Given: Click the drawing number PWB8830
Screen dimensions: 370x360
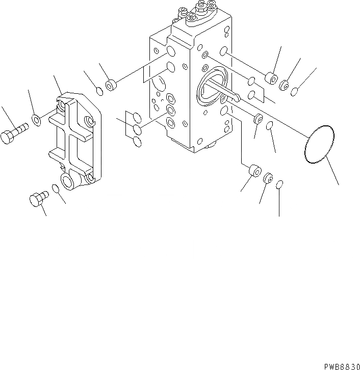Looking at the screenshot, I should [341, 366].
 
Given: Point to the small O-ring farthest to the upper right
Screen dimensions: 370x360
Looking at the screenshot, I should [295, 91].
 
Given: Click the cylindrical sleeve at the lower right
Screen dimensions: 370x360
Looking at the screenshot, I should [253, 172].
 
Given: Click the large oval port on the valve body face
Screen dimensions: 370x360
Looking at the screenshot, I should [211, 89].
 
